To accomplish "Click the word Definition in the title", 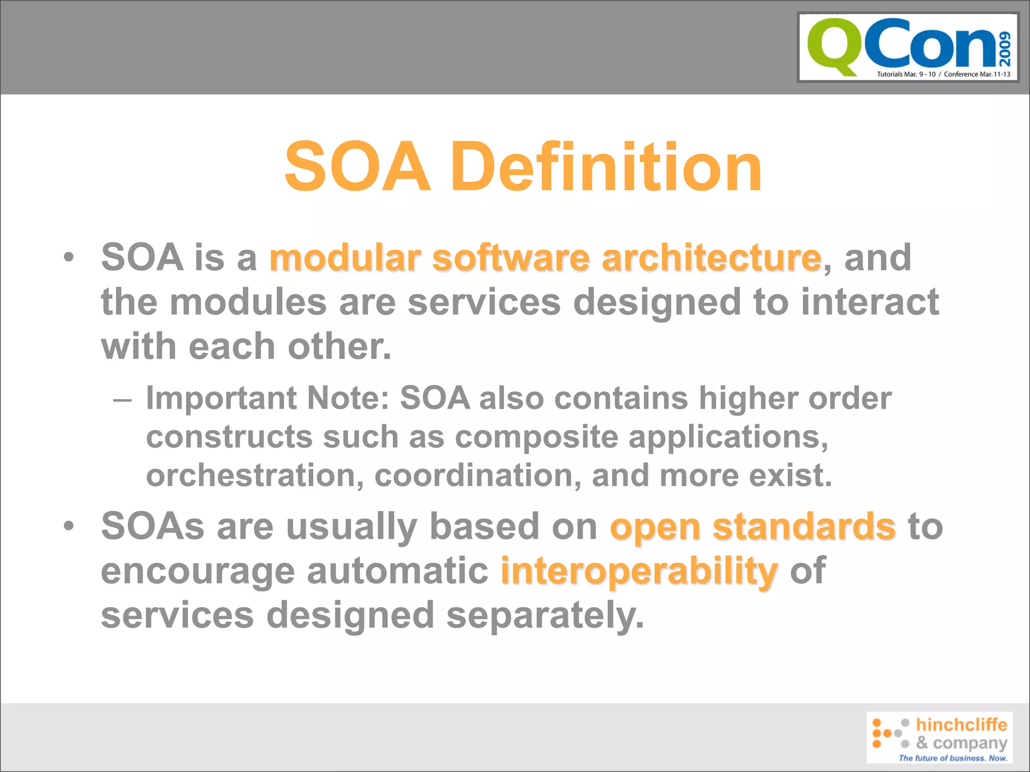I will tap(606, 167).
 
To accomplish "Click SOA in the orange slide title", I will tap(358, 167).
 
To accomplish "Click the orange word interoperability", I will tap(639, 572).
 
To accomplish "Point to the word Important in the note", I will tap(221, 398).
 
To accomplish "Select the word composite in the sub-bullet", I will tap(536, 436).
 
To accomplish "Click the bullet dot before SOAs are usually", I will tap(69, 527).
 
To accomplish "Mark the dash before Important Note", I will tap(122, 400).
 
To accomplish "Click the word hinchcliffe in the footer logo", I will tap(961, 724).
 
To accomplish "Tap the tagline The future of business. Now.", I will tap(953, 758).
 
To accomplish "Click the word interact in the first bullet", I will tap(870, 302).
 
